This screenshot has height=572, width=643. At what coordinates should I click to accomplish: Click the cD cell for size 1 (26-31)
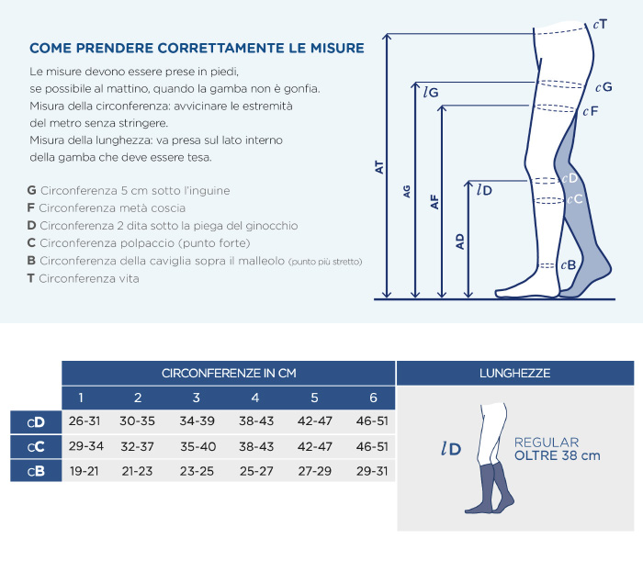tap(85, 421)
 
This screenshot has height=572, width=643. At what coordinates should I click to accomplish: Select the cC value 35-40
tap(197, 446)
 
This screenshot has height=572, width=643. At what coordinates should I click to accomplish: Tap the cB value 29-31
tap(372, 471)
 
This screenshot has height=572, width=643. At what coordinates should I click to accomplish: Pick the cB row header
tap(36, 471)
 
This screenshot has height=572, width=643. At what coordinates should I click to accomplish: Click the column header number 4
tap(255, 398)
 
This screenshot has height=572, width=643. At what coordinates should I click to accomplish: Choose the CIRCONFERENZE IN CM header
tap(229, 374)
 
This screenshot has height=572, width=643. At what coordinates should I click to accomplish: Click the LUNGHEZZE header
tap(514, 374)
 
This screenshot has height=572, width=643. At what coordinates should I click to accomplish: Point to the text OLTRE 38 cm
tap(558, 455)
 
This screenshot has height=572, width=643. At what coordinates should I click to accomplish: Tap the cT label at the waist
tap(600, 25)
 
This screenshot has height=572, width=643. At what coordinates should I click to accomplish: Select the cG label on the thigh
tap(604, 87)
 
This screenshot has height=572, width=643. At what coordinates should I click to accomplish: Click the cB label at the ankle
tap(569, 265)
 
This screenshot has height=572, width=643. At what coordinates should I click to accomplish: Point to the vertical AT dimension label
tap(379, 167)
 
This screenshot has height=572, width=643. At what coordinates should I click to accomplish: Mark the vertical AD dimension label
tap(459, 241)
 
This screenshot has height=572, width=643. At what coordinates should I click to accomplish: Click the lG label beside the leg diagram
tap(431, 92)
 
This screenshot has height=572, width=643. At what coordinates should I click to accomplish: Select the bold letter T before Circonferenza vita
tap(30, 278)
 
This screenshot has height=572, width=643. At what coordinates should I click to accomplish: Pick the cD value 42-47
tap(314, 421)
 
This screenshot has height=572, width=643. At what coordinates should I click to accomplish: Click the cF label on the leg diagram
tap(591, 111)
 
